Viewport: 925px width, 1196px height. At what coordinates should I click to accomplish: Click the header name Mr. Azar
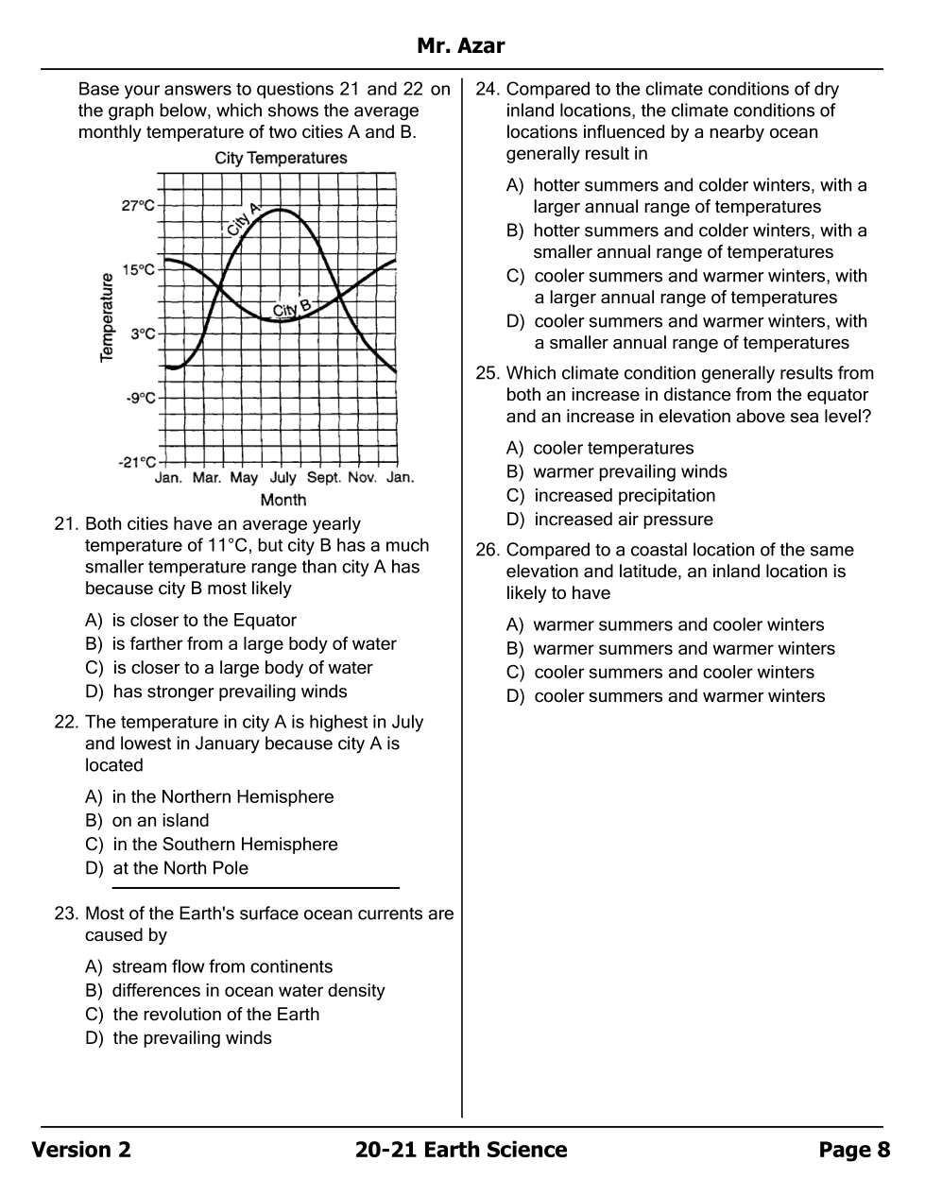(x=461, y=45)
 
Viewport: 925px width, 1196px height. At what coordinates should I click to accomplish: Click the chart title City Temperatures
(x=281, y=158)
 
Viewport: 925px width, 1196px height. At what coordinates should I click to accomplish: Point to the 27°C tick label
(x=138, y=205)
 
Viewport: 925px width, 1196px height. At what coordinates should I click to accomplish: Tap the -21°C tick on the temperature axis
(x=137, y=462)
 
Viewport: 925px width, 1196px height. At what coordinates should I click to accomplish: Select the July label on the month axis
(x=283, y=478)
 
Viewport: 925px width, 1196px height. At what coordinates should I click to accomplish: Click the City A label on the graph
(x=242, y=219)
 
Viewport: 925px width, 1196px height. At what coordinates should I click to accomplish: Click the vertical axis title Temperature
(x=107, y=317)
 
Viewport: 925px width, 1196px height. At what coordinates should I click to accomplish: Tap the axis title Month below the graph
(x=283, y=500)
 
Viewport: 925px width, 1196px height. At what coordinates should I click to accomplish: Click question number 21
(x=65, y=524)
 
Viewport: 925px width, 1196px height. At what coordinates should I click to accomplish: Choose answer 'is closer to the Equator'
(x=203, y=621)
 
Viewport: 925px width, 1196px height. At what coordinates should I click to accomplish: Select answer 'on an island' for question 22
(x=160, y=821)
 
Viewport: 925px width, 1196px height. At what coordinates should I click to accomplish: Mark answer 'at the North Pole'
(x=180, y=868)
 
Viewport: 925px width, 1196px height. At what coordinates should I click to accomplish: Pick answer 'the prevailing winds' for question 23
(x=192, y=1038)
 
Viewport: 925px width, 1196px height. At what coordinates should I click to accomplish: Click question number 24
(x=487, y=90)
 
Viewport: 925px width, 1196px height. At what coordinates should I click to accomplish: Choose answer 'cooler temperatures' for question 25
(x=612, y=449)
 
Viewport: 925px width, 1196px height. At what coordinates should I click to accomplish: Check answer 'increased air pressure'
(x=623, y=520)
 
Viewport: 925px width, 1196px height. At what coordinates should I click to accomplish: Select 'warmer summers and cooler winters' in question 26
(x=677, y=625)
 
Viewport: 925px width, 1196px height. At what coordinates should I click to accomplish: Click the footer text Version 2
(x=81, y=1150)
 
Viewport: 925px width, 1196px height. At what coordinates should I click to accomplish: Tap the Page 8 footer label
(x=854, y=1150)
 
